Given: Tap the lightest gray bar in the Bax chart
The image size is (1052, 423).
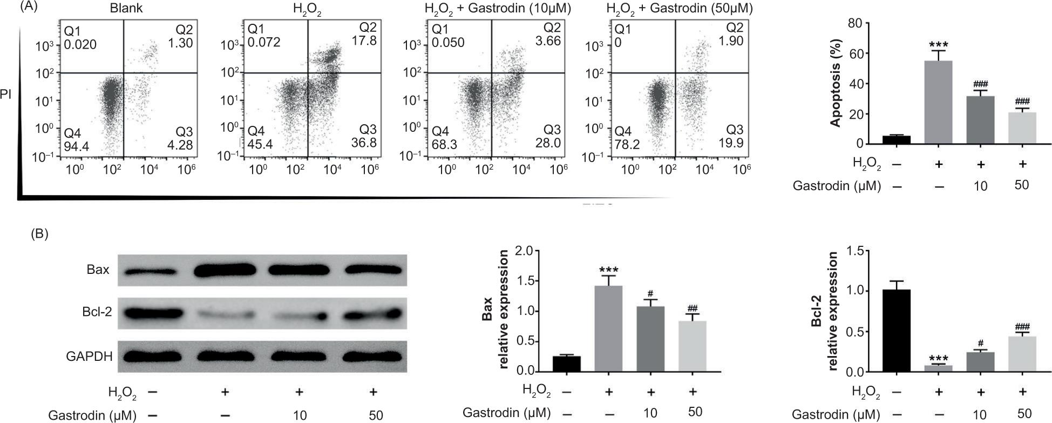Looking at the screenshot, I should (x=693, y=346).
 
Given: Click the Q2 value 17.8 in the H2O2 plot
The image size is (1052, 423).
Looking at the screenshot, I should (x=365, y=41).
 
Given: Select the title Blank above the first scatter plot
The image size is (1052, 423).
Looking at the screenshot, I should (x=126, y=9).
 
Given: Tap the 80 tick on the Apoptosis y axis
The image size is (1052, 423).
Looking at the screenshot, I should (x=854, y=23).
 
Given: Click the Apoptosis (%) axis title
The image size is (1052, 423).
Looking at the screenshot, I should (x=834, y=83).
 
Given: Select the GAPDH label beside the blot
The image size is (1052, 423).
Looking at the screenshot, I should (x=89, y=357).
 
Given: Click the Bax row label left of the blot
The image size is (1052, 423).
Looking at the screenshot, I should (x=98, y=269).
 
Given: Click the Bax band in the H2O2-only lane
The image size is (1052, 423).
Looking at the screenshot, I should (x=226, y=270).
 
